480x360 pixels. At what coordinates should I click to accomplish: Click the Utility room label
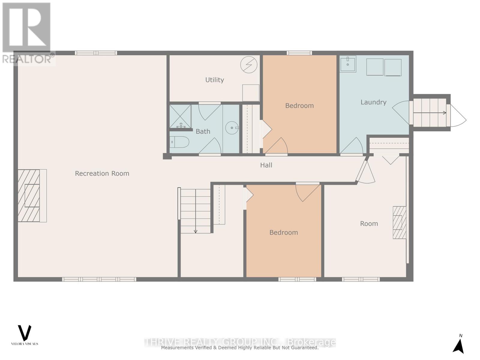click(214, 80)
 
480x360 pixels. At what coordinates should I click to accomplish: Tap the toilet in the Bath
click(179, 142)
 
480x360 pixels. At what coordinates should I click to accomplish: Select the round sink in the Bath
click(232, 128)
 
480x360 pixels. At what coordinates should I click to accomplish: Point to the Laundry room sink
click(348, 64)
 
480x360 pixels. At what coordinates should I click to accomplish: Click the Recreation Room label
click(102, 173)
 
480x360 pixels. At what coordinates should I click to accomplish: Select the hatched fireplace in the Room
click(399, 222)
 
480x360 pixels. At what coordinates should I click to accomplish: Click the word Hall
click(266, 165)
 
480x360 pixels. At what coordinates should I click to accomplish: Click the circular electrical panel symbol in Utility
click(249, 64)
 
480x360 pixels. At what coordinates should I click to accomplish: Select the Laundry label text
click(373, 102)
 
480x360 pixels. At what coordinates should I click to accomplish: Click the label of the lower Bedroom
click(283, 232)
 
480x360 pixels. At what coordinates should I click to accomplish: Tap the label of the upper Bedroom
click(299, 106)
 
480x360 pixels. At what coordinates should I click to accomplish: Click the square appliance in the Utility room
click(251, 93)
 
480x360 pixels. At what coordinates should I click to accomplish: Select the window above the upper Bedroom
click(299, 53)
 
